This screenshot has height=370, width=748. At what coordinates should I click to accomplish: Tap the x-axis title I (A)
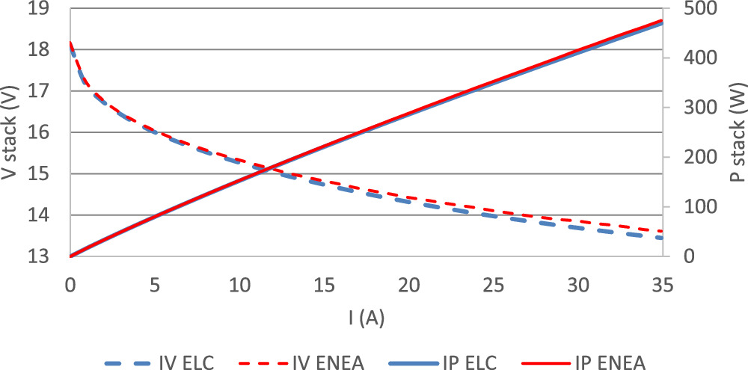[367, 318]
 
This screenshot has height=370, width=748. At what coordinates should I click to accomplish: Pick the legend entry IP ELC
[468, 362]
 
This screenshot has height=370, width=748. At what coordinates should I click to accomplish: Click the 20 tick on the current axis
[408, 285]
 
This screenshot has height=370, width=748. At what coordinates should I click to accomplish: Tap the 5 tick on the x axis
[155, 285]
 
